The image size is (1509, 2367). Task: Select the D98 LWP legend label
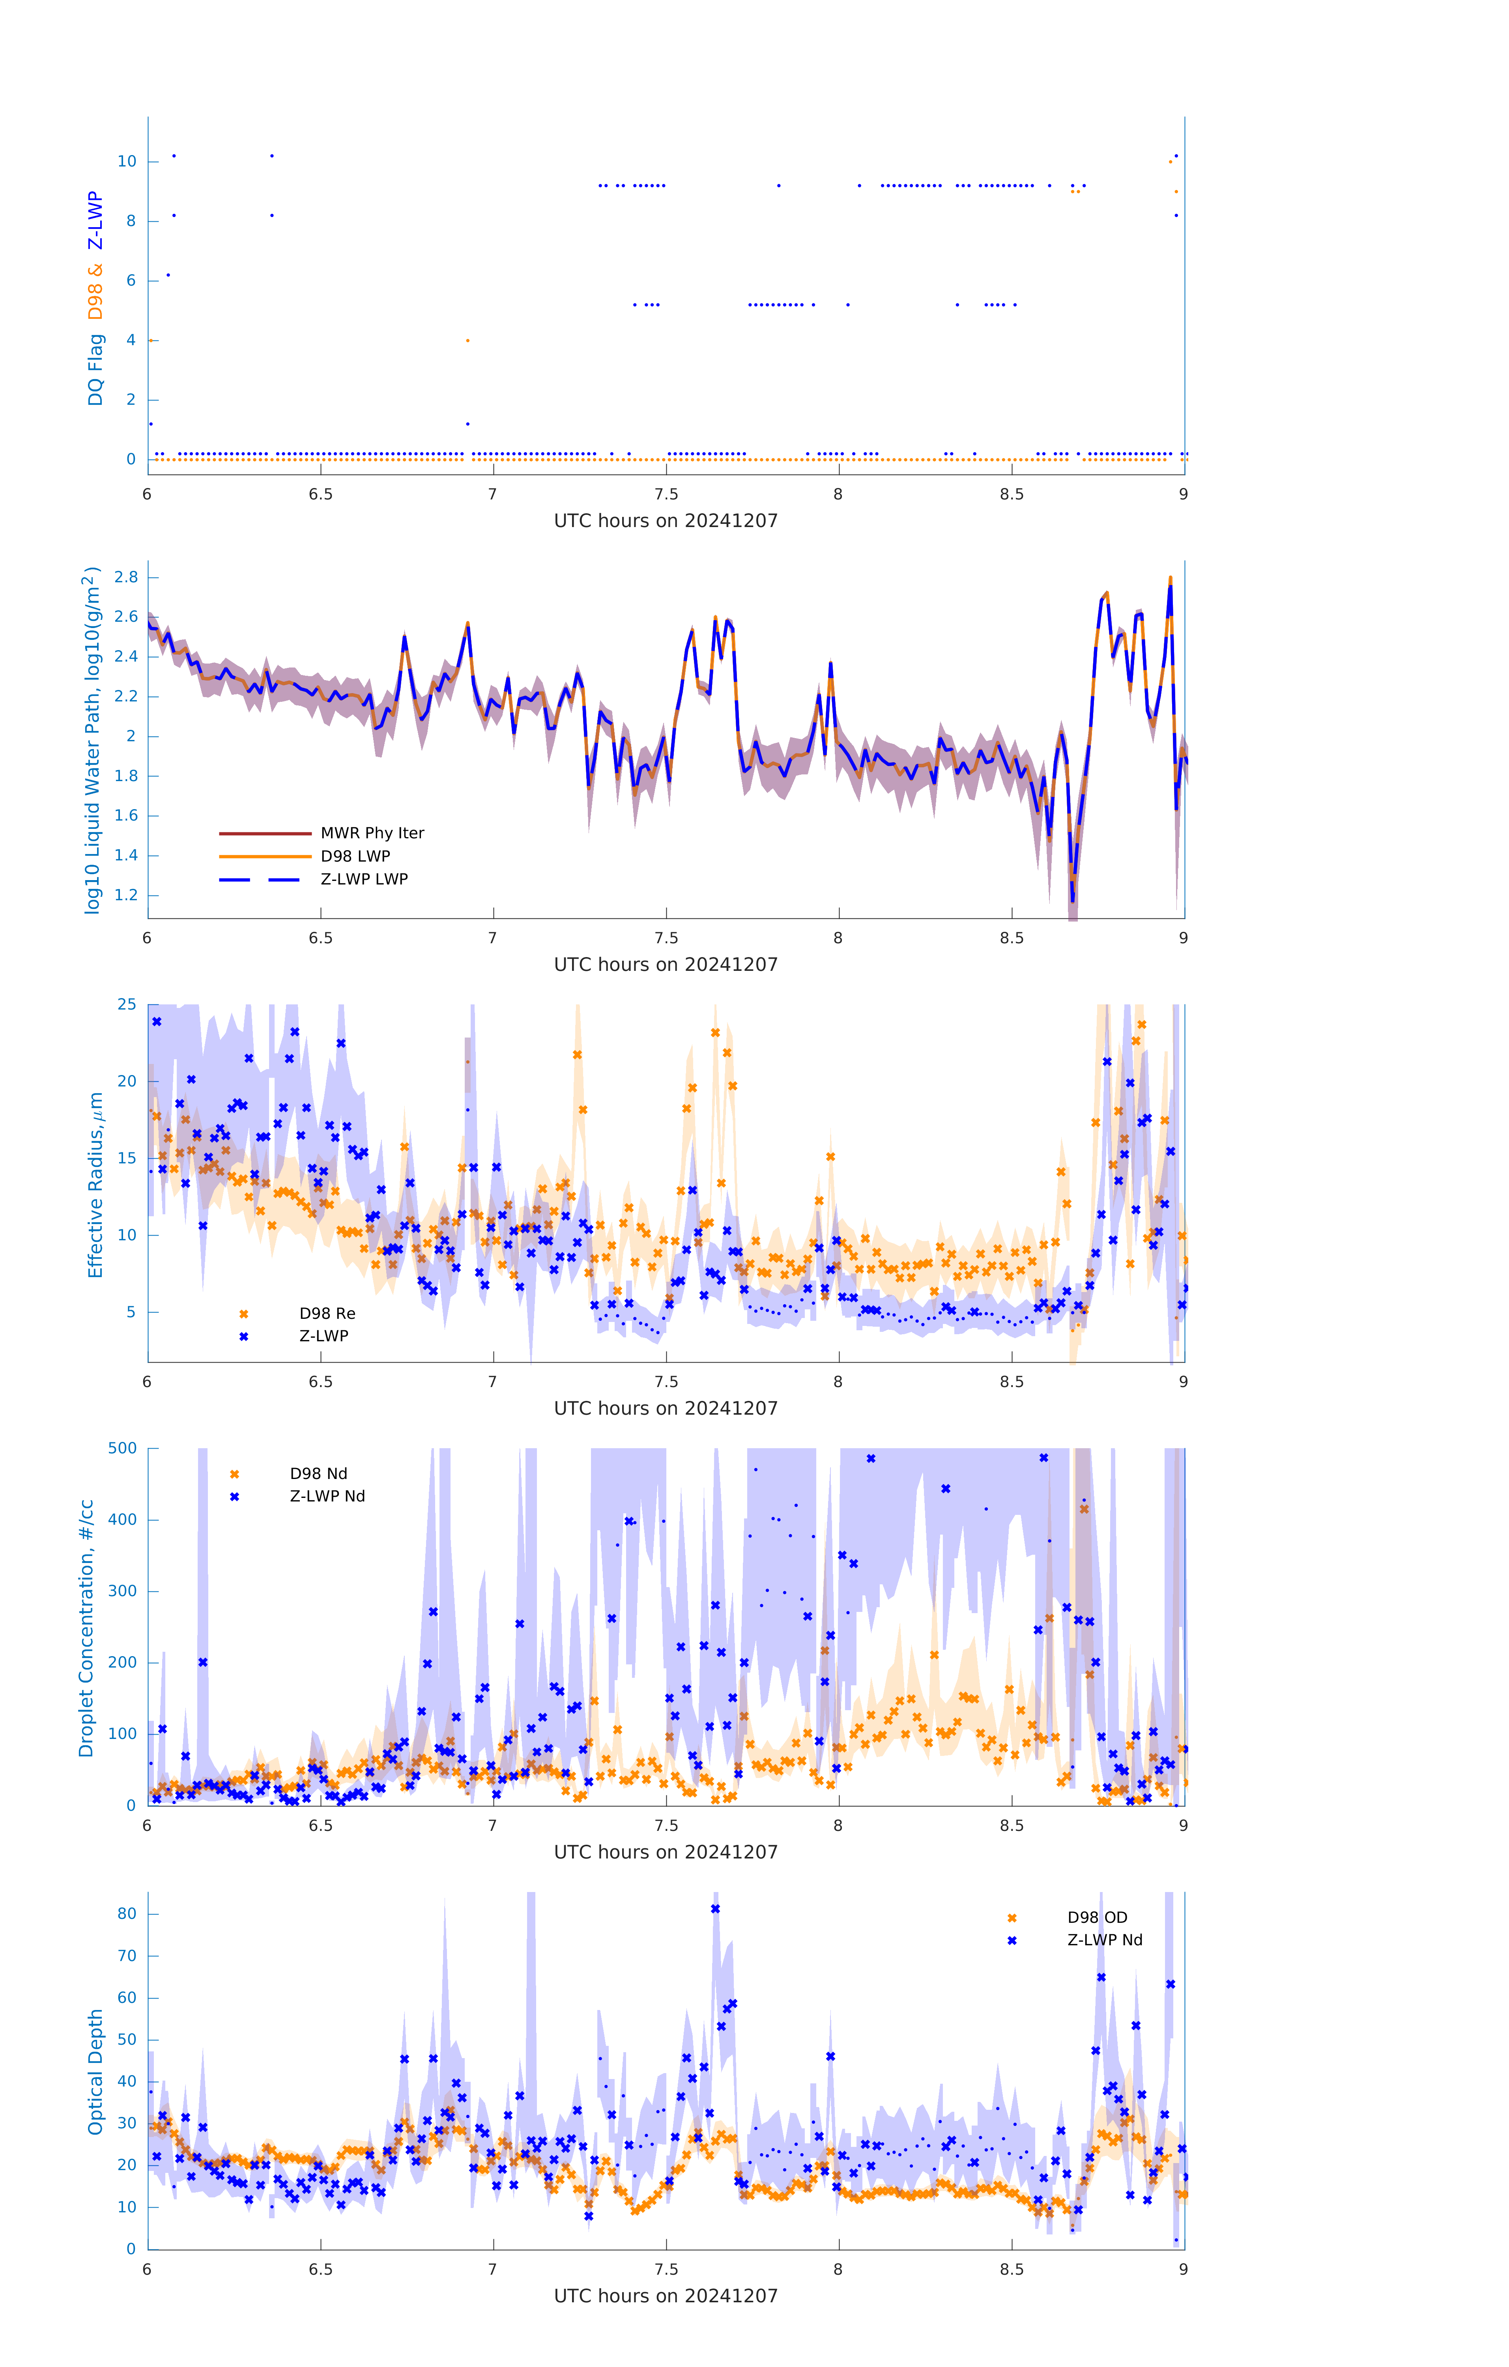coord(355,856)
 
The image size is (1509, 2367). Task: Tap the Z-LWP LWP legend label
coord(364,879)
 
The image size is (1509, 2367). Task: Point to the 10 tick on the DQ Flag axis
coord(127,161)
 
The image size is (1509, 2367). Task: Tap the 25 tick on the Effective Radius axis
coord(127,1005)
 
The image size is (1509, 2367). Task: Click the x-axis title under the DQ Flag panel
coord(666,521)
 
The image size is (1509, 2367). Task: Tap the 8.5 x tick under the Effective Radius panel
coord(1012,1382)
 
